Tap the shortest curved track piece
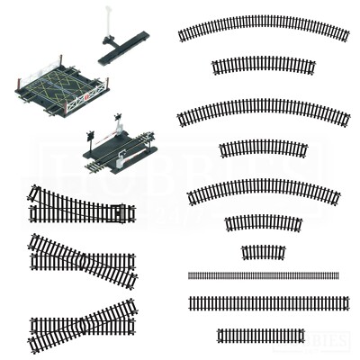[x=263, y=252]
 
